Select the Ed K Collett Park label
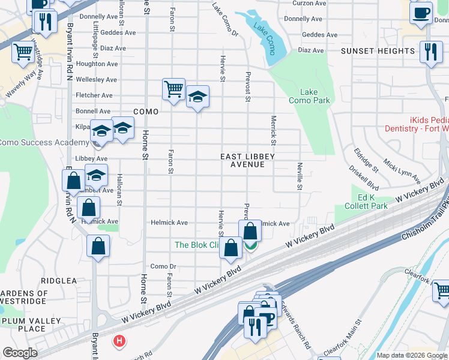click(366, 202)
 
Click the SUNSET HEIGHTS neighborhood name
click(378, 51)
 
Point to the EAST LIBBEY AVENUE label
click(247, 160)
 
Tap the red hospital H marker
click(119, 341)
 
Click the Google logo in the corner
click(20, 353)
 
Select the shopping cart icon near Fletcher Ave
click(173, 89)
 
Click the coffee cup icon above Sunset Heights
click(421, 12)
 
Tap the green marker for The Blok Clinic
click(251, 245)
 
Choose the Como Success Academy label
click(43, 142)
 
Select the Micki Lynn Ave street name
click(402, 172)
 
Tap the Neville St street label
click(299, 176)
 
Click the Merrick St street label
click(273, 130)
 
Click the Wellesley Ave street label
click(96, 79)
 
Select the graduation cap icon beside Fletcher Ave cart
click(197, 97)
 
